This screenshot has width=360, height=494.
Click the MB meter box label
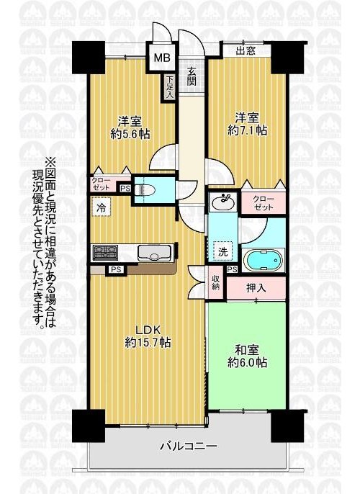point(162,58)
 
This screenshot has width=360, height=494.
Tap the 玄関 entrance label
point(192,76)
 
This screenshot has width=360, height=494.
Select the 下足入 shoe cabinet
point(170,87)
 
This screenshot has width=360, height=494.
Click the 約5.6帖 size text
point(130,135)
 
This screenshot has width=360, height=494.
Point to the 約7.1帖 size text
point(248,130)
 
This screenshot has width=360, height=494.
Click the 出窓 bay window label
point(246,50)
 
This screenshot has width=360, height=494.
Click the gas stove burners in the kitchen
point(104,253)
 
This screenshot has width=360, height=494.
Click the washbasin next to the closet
point(222,202)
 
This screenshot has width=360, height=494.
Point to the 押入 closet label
point(256,287)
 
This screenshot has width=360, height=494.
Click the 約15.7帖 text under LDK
point(148,342)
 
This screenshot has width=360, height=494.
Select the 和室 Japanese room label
point(248,350)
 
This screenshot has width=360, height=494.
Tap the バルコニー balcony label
point(189,446)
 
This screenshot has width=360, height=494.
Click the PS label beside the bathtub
point(233,269)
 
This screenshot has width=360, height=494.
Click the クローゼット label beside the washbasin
point(264,203)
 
